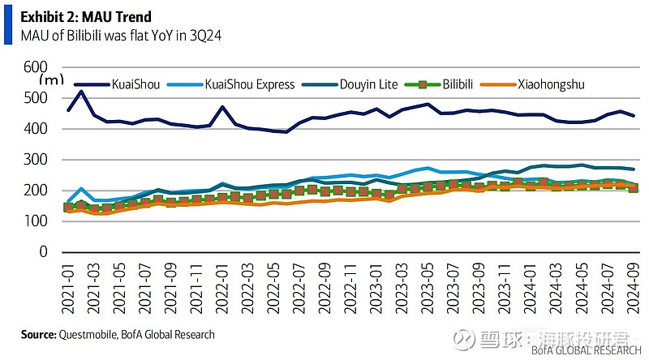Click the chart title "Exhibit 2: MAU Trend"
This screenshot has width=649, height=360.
click(85, 16)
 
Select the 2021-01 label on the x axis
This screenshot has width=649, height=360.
click(70, 287)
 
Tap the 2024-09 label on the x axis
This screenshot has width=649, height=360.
click(632, 287)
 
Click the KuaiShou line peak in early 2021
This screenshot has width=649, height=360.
click(81, 91)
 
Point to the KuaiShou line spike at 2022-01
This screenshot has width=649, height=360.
click(221, 107)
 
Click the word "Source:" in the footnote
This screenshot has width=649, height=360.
click(38, 333)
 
